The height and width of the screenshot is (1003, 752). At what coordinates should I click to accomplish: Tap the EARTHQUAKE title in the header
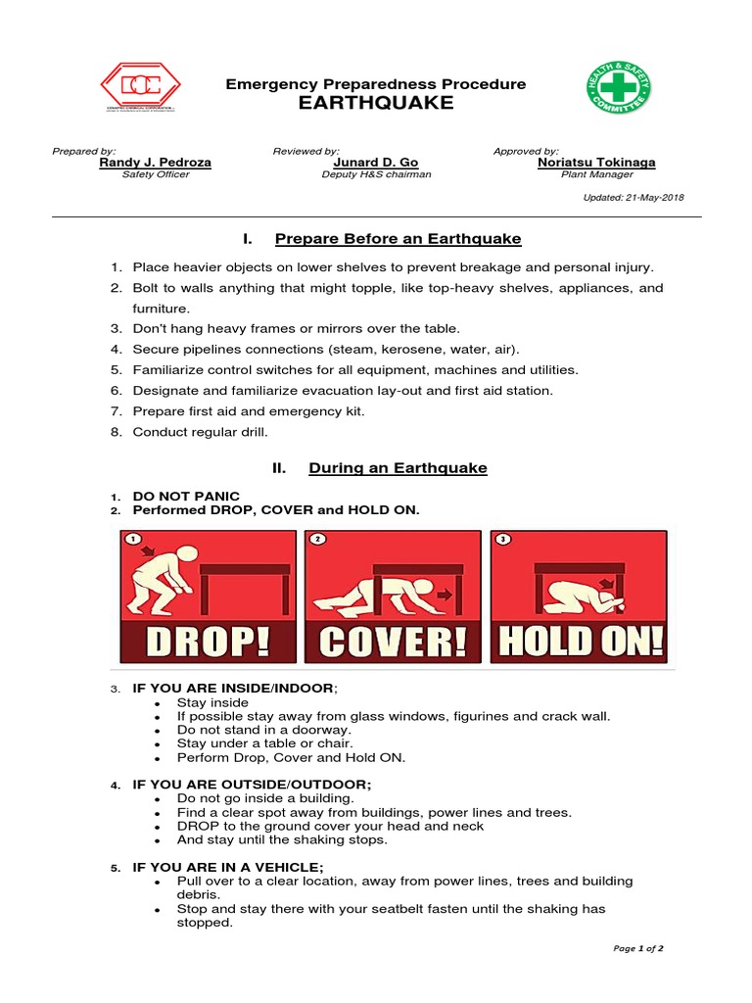click(x=376, y=104)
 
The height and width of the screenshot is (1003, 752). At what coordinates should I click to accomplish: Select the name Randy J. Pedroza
click(x=155, y=163)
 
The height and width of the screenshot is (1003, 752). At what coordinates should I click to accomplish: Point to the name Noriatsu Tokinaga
click(x=596, y=163)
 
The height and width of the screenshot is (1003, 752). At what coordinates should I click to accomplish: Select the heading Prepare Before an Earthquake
click(x=398, y=239)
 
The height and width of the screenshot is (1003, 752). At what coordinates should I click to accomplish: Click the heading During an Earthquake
click(x=398, y=468)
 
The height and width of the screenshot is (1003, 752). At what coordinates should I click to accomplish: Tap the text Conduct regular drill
click(x=200, y=432)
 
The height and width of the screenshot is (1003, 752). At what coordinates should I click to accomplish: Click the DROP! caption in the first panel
click(x=208, y=642)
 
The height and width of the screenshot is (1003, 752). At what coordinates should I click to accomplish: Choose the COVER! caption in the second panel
click(x=393, y=642)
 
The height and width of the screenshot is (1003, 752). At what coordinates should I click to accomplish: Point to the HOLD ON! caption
click(x=579, y=642)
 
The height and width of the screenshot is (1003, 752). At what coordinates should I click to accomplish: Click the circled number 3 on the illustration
click(x=502, y=540)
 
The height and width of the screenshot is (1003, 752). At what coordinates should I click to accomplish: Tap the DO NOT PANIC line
click(x=186, y=497)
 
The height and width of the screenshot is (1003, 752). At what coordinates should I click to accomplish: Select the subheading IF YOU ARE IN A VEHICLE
click(x=227, y=867)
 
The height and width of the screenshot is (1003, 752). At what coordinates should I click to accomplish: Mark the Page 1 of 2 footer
click(x=638, y=948)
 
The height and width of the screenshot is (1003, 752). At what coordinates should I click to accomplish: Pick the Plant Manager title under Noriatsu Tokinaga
click(x=596, y=174)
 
